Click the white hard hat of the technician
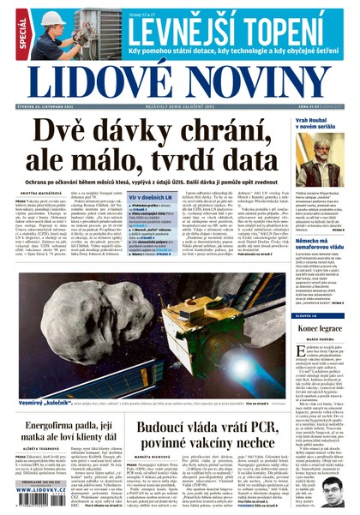pos(51,17)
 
